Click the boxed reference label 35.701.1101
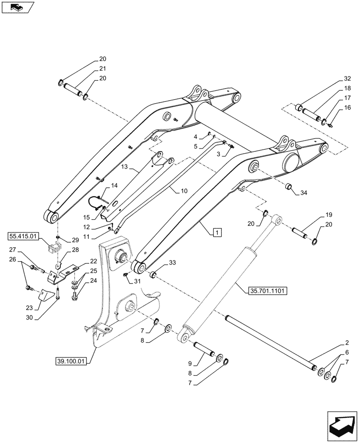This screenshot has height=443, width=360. click(266, 291)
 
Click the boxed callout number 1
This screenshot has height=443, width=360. click(217, 232)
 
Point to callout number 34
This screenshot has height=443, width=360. click(303, 193)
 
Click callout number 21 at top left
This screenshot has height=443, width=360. click(102, 69)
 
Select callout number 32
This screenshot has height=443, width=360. click(347, 78)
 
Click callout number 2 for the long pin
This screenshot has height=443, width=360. click(346, 342)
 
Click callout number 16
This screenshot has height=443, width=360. click(347, 107)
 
